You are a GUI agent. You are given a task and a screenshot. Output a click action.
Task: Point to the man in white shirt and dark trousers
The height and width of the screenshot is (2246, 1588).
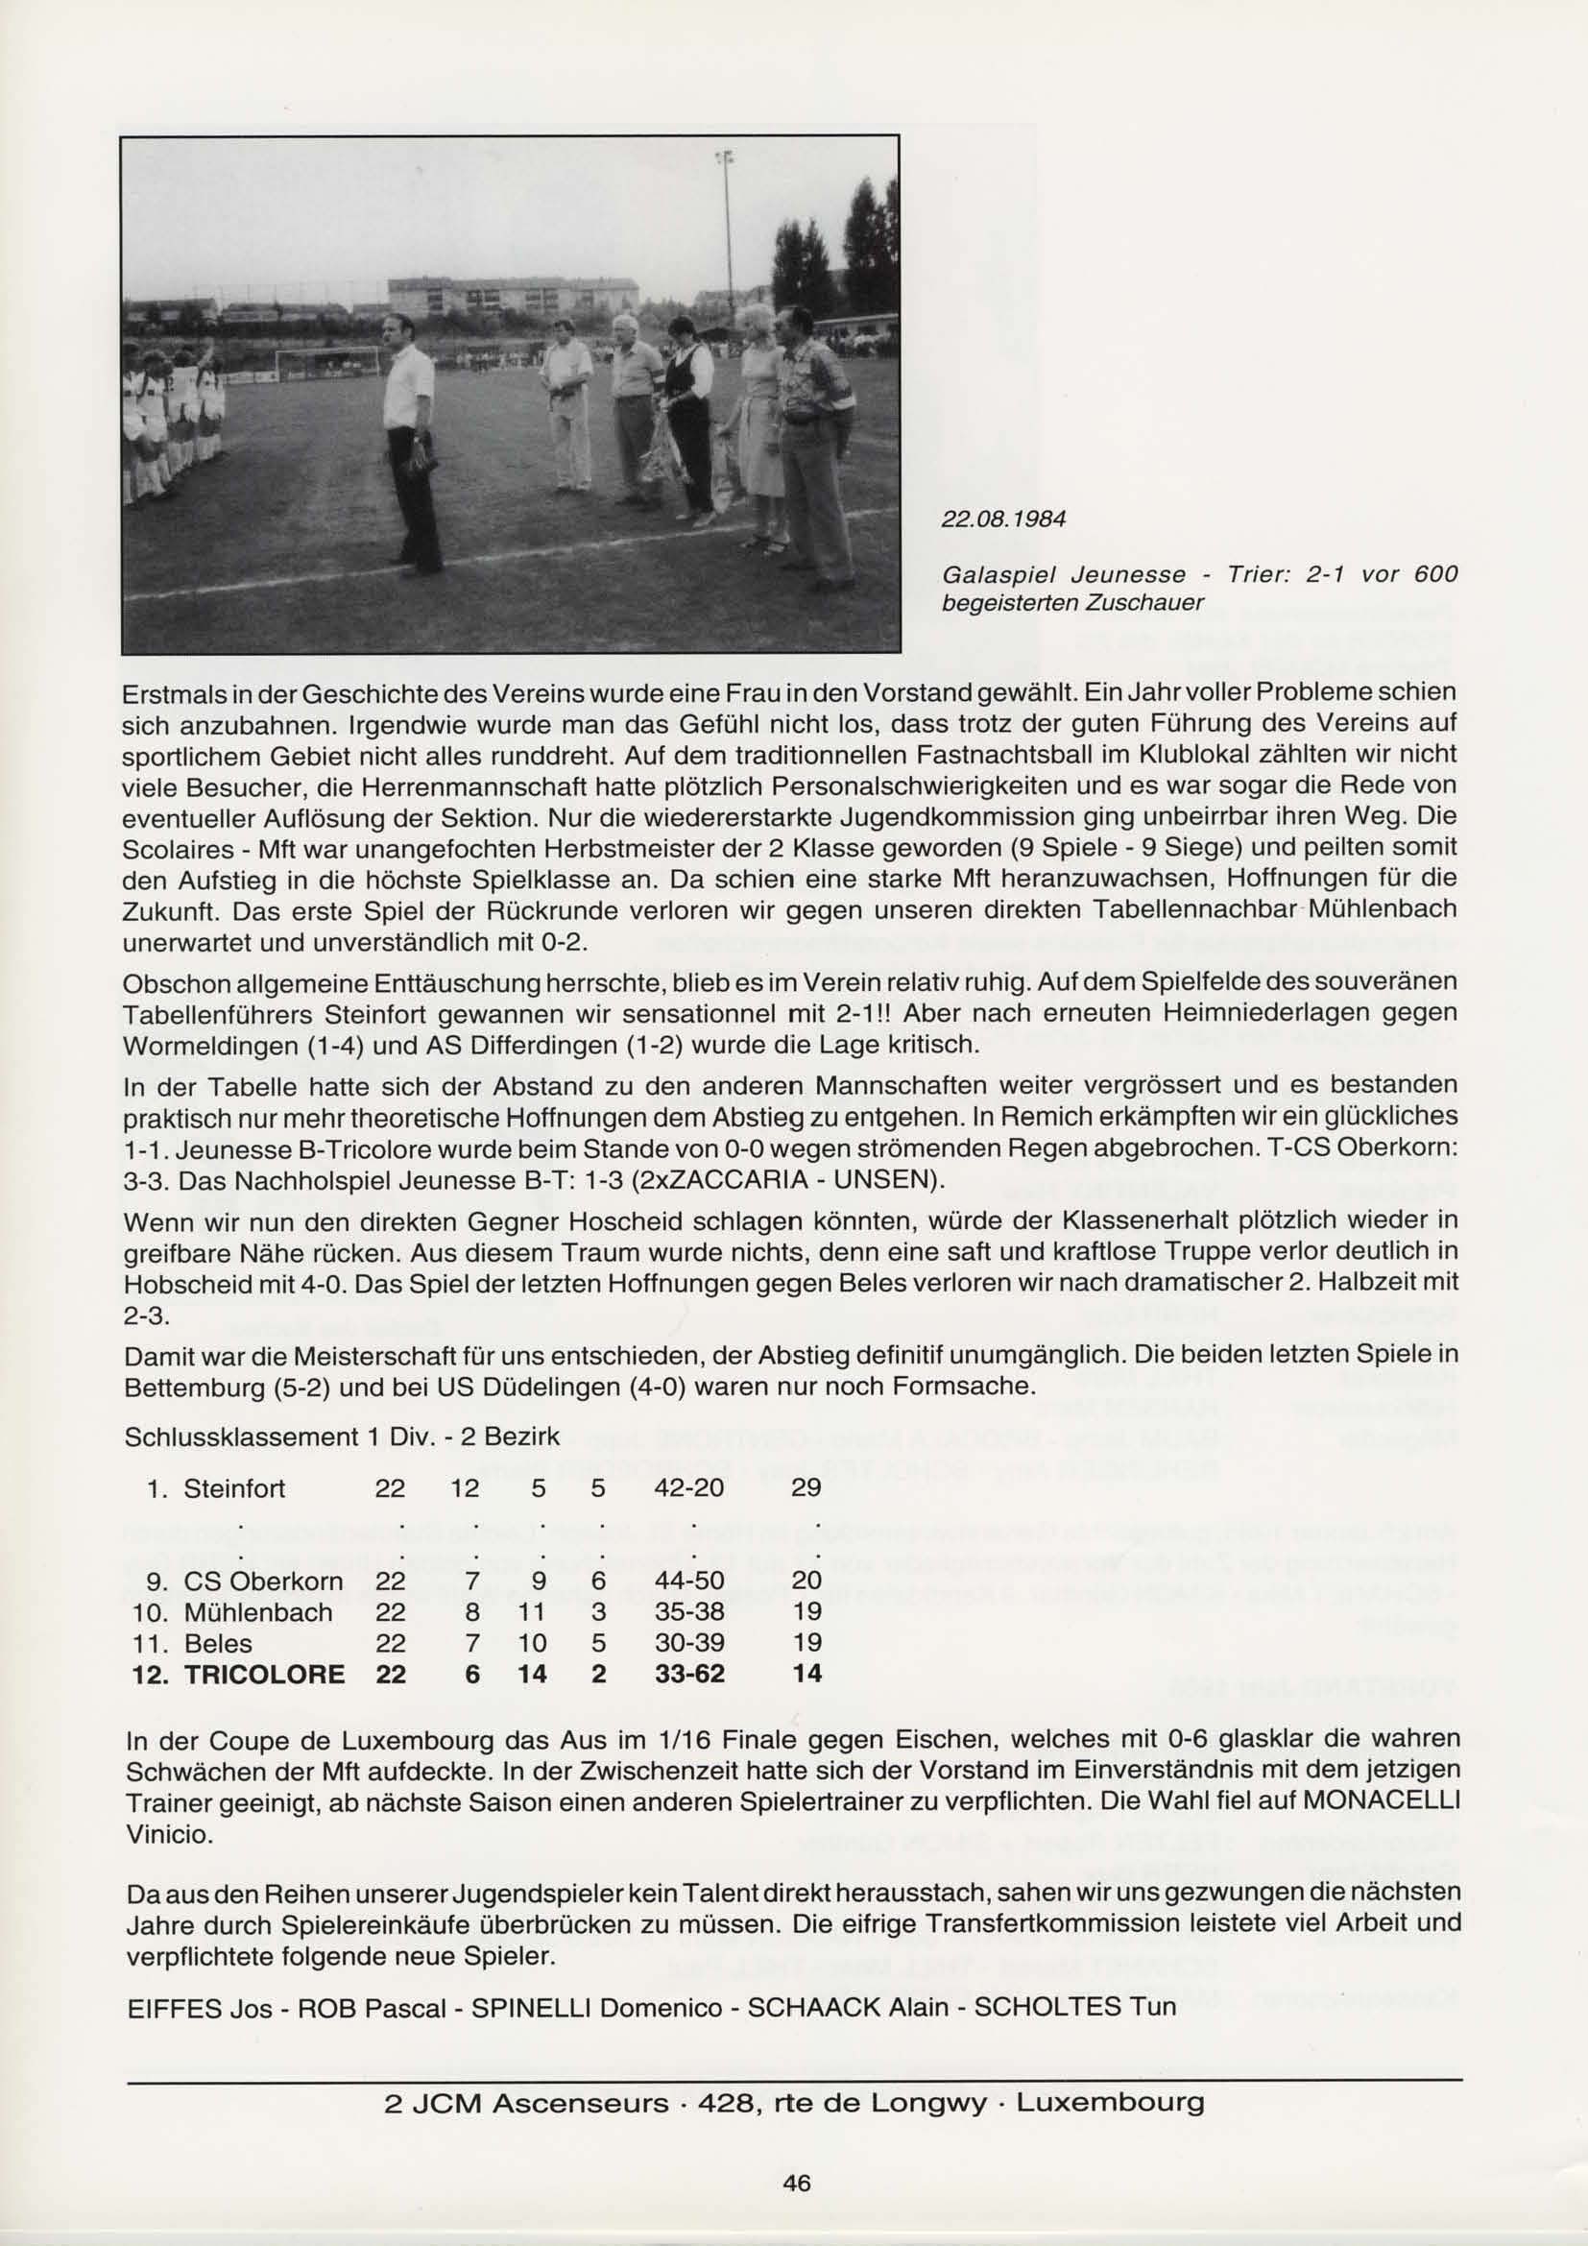point(411,440)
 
